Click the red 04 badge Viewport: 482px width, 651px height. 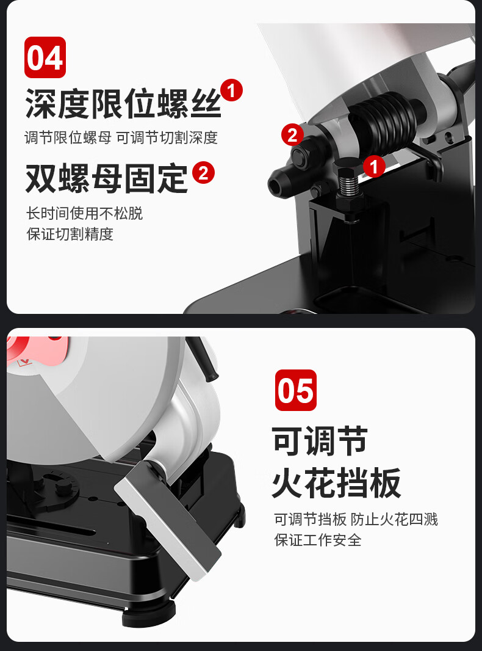point(45,57)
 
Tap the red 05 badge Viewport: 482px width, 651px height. point(296,390)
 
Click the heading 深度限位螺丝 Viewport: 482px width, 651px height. point(123,104)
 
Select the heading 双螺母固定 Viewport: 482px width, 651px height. point(107,178)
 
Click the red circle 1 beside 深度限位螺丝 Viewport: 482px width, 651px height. point(231,90)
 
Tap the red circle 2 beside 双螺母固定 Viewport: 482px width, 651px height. point(203,173)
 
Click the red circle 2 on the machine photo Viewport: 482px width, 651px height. point(292,134)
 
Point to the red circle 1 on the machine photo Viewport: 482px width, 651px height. point(374,166)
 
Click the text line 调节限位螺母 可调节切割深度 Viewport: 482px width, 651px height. point(121,138)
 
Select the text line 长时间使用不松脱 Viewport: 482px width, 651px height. point(84,213)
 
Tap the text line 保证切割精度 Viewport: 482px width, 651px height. point(70,234)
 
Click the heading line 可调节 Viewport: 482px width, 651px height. point(320,441)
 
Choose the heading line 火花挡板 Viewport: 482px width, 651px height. point(336,482)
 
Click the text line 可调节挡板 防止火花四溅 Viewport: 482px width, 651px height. point(356,519)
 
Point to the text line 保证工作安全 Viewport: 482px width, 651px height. point(317,540)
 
